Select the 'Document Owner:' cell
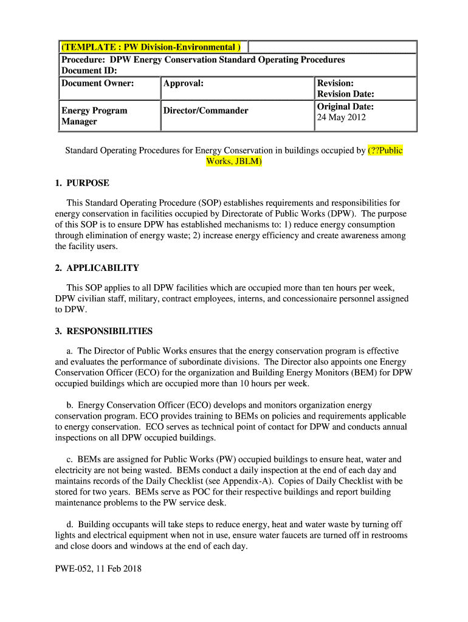(97, 83)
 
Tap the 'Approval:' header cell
(184, 83)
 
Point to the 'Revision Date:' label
(346, 94)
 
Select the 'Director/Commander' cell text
(206, 111)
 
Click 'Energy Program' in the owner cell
(94, 111)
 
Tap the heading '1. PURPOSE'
(82, 183)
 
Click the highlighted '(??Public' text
(385, 150)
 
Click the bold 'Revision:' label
(336, 83)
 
